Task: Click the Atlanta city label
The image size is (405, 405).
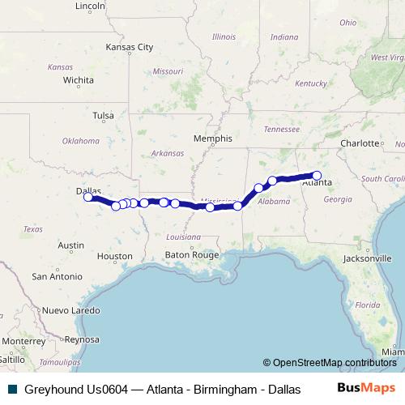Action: click(315, 183)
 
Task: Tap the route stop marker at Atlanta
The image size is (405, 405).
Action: click(317, 176)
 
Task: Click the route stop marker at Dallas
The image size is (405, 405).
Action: click(88, 197)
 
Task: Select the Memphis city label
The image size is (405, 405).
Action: click(212, 139)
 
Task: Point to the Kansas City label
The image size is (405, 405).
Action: click(129, 47)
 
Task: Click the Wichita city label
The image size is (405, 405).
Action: click(78, 80)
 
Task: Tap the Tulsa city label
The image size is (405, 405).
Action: click(103, 116)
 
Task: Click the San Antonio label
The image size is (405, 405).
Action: click(57, 276)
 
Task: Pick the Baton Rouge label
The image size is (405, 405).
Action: click(193, 254)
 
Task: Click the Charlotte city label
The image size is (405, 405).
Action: click(360, 143)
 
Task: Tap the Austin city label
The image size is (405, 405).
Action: click(71, 245)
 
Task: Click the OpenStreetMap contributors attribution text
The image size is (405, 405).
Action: click(330, 363)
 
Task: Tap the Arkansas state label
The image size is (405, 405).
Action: click(167, 153)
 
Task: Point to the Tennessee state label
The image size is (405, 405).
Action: click(281, 129)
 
